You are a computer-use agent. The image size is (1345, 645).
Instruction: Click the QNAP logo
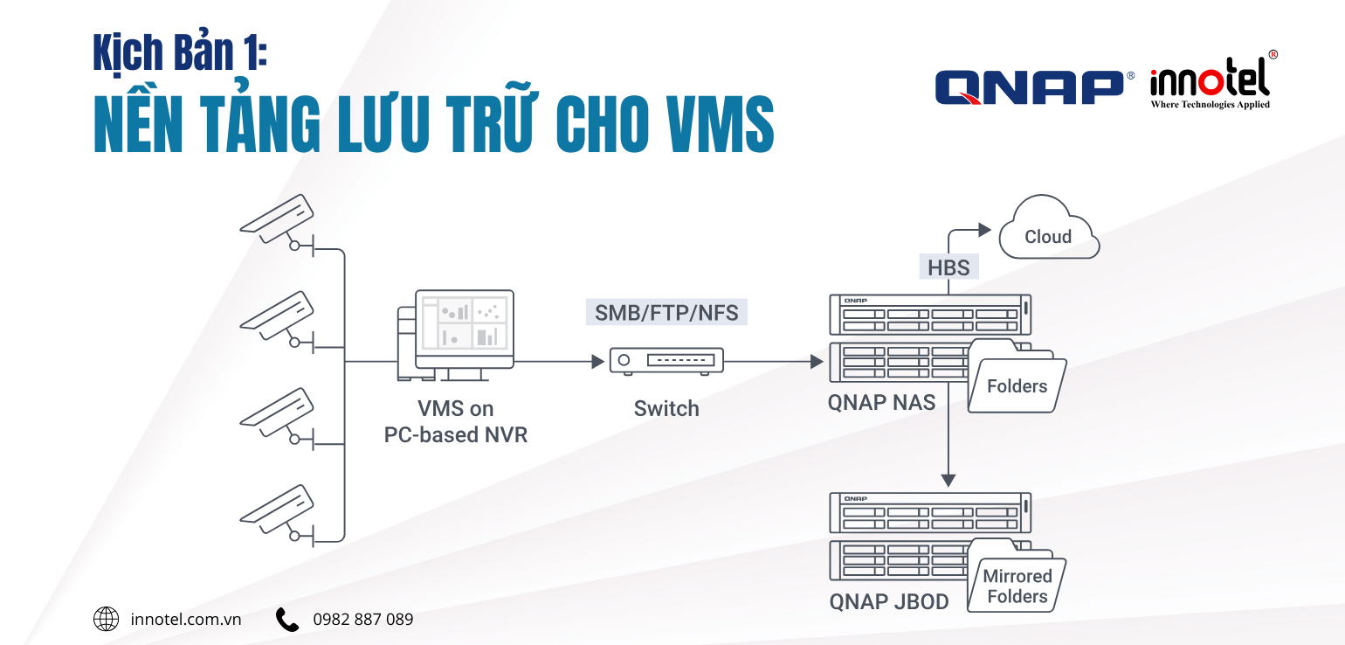click(x=1029, y=87)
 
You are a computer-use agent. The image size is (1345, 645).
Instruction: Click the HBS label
click(x=948, y=267)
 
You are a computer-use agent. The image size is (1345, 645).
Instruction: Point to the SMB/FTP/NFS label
click(x=666, y=312)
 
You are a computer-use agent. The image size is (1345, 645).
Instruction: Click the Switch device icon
click(x=666, y=360)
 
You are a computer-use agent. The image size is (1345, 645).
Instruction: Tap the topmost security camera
click(x=279, y=217)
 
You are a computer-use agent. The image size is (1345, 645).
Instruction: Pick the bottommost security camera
click(x=279, y=507)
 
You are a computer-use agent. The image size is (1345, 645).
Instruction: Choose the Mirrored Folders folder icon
click(x=1017, y=581)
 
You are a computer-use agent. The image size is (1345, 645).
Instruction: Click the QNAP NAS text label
click(x=881, y=403)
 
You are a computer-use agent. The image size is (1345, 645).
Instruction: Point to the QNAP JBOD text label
click(x=889, y=602)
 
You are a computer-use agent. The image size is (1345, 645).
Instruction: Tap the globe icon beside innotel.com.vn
click(x=106, y=620)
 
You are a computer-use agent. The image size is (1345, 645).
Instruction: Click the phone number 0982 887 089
click(x=363, y=620)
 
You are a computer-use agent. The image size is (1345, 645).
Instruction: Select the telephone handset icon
click(x=287, y=620)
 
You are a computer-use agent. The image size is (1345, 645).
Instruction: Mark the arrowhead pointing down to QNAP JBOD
click(x=948, y=480)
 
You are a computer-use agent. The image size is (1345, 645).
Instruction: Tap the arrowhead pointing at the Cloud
click(x=984, y=230)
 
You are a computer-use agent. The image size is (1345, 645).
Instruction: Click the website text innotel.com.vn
click(x=185, y=620)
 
